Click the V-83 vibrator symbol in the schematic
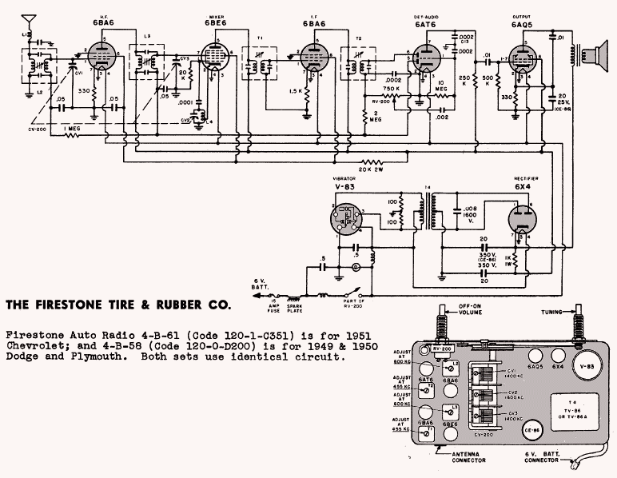pos(346,217)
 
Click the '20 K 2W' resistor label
pos(374,169)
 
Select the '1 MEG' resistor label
pos(74,126)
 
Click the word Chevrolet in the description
pos(38,346)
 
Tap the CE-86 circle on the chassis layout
pos(530,429)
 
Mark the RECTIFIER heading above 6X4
pos(523,180)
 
